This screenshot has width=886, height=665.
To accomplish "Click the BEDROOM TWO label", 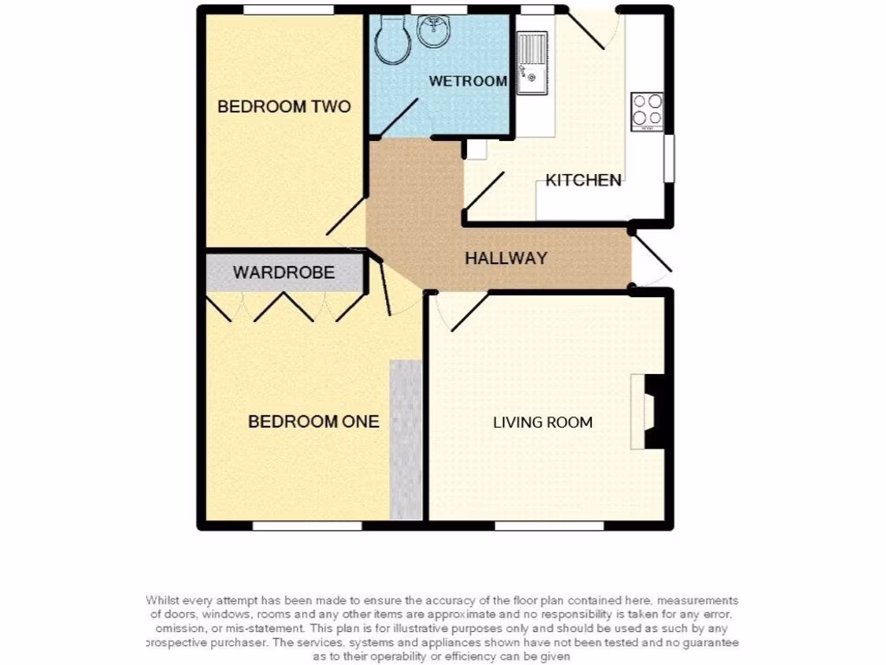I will click(284, 107).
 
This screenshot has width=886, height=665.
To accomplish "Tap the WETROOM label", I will click(468, 81).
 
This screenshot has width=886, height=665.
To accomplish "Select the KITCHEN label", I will click(583, 181).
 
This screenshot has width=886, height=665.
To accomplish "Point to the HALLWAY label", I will click(506, 258).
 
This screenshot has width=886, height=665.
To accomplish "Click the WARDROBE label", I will click(284, 273).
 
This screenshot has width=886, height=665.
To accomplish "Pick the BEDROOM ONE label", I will click(313, 422).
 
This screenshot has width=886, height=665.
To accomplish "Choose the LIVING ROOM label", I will click(543, 423).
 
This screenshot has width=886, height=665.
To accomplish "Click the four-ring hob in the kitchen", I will click(646, 111).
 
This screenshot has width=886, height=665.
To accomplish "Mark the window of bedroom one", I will click(307, 526).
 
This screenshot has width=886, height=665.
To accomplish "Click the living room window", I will click(549, 526).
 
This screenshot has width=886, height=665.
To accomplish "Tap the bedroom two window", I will click(288, 10).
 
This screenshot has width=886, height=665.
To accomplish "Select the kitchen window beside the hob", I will click(669, 158).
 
